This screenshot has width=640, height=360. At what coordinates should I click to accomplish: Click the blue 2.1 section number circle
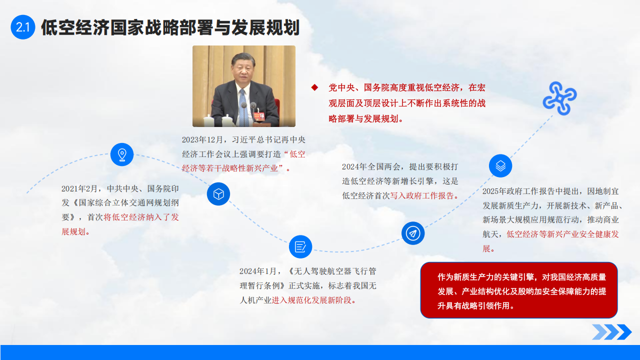[x=23, y=27]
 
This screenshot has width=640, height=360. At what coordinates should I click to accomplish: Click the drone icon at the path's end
[x=559, y=98]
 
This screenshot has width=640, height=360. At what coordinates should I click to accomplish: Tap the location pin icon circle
[x=122, y=154]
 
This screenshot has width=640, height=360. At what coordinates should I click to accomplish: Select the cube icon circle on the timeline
[x=218, y=194]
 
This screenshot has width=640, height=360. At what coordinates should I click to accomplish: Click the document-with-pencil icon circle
[x=300, y=247]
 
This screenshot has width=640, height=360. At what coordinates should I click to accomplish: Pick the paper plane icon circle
[x=413, y=233]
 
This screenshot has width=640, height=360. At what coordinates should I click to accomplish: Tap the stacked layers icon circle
[x=500, y=165]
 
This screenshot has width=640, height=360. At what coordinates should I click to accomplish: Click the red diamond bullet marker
[x=314, y=87]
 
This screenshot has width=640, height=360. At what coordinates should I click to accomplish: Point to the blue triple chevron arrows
[x=612, y=332]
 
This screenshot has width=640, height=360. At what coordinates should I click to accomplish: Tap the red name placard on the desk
[x=259, y=116]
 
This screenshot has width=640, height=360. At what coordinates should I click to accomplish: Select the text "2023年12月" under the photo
[x=202, y=139]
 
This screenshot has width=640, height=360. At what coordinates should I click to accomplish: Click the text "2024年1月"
[x=258, y=271]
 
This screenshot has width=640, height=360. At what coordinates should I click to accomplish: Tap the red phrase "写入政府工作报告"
[x=422, y=195]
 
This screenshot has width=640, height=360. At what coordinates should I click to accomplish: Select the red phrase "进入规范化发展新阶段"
[x=311, y=300]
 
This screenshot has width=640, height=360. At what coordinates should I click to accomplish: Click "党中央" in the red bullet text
[x=341, y=87]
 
